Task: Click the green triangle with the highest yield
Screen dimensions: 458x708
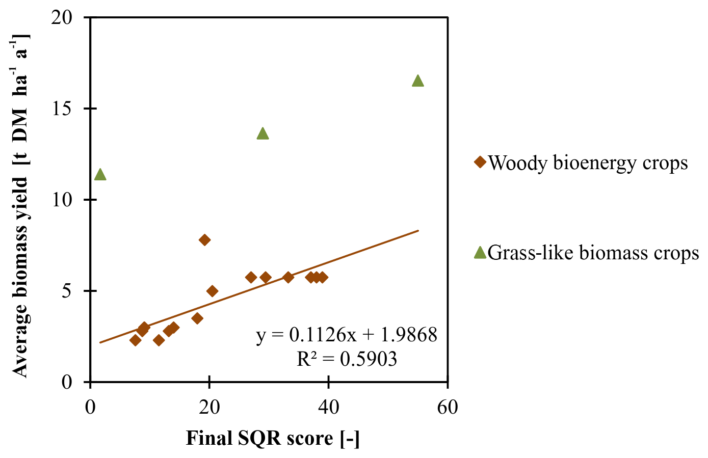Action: [x=417, y=81]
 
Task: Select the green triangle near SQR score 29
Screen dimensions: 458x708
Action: [x=263, y=134]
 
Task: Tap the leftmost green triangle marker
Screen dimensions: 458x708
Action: [x=100, y=175]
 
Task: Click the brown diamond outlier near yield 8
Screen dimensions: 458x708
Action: [x=204, y=240]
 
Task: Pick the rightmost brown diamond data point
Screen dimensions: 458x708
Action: [x=322, y=277]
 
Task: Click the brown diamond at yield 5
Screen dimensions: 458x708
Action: [x=212, y=291]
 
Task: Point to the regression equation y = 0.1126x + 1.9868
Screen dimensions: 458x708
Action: [x=347, y=335]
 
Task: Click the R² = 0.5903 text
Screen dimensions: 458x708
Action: [x=347, y=359]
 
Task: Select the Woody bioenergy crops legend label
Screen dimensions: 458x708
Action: [x=588, y=163]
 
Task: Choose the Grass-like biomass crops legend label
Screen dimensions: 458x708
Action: [x=593, y=253]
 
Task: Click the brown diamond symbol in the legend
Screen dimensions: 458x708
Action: [x=480, y=162]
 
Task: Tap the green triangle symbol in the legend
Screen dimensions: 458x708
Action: [x=480, y=252]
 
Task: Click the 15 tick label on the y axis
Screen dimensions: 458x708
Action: [x=63, y=109]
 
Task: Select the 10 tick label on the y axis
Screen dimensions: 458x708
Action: [x=63, y=200]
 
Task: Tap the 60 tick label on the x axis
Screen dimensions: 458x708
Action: [x=447, y=408]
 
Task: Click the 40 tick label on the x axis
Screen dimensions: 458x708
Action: [x=328, y=408]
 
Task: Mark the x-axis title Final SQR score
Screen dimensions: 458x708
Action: [x=273, y=438]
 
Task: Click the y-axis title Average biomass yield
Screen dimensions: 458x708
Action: [x=20, y=204]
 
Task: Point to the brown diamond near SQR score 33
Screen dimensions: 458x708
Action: [x=288, y=277]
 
